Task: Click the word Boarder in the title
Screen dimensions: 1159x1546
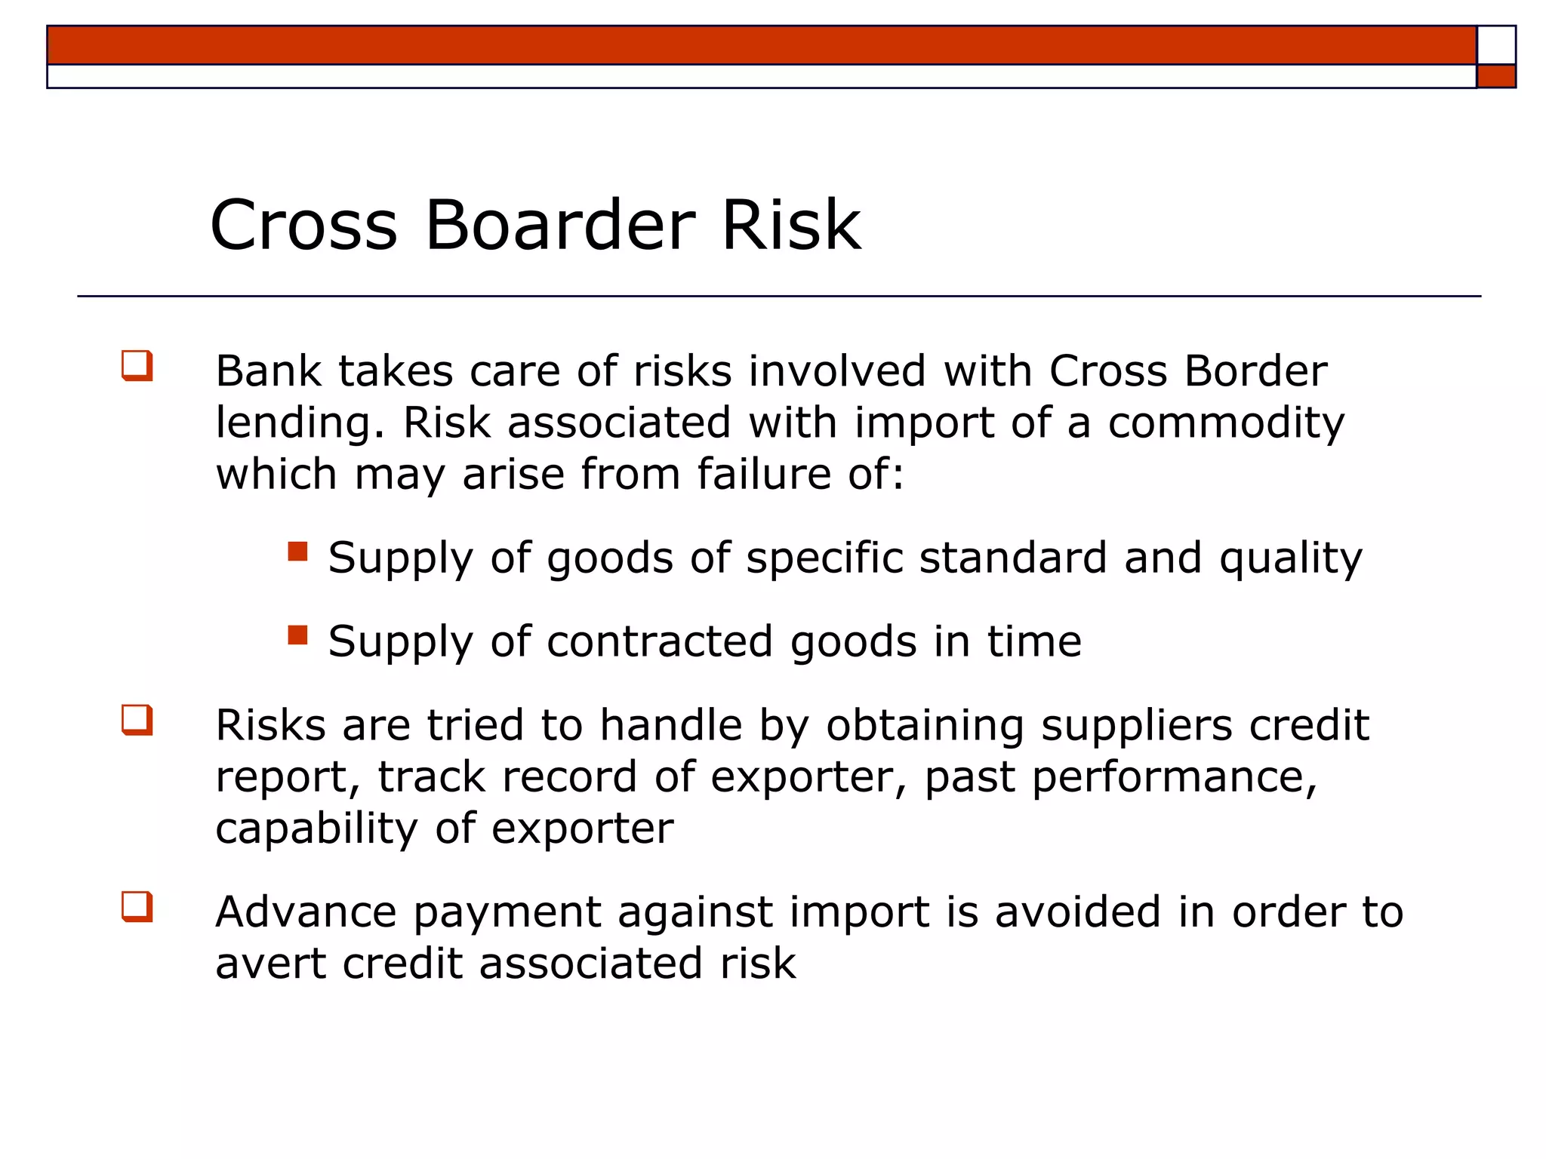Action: coord(559,225)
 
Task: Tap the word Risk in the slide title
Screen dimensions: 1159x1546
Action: coord(790,225)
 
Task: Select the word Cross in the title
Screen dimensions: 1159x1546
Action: coord(303,225)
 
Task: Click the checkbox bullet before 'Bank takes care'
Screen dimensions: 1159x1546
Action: coord(137,366)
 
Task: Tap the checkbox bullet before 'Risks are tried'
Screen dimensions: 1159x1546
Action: coord(137,720)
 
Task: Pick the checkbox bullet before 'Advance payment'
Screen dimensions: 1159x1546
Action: coord(137,907)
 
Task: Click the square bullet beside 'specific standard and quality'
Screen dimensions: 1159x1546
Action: coord(298,552)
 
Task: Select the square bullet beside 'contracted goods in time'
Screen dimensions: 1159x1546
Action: coord(298,635)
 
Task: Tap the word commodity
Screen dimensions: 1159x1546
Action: coord(1226,424)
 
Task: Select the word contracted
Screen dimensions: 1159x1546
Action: coord(660,642)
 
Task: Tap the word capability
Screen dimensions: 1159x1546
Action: coord(316,829)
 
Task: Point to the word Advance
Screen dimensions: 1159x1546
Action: coord(306,912)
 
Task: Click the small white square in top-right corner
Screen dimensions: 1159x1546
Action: coord(1495,45)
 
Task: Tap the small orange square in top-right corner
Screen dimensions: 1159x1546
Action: coord(1495,76)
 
